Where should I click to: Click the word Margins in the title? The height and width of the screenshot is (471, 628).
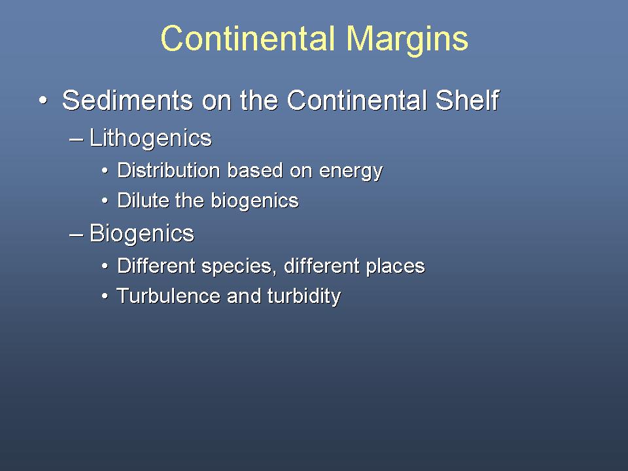point(407,39)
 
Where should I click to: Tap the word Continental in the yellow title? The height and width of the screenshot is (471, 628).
point(248,39)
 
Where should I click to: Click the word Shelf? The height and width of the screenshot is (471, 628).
point(467,99)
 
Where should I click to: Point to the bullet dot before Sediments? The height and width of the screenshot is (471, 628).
point(43,101)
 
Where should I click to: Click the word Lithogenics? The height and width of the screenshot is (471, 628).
point(150,139)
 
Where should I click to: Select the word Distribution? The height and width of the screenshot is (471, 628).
point(169,170)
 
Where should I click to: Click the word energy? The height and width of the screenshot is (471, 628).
point(351,172)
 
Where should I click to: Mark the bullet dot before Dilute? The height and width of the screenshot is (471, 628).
point(105,201)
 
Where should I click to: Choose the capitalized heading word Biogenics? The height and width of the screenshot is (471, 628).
point(142,234)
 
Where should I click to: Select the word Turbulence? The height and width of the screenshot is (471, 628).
point(168,296)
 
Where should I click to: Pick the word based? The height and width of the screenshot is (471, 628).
point(255,170)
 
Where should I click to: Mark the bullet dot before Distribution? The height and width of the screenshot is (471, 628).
point(105,171)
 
